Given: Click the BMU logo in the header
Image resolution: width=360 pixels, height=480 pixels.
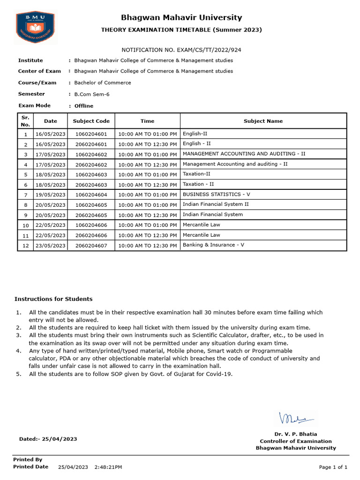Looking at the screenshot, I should (x=37, y=28).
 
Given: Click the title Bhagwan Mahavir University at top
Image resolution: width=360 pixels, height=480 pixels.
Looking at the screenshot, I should (x=181, y=18).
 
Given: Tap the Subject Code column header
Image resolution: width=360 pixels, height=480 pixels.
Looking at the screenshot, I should (x=91, y=121).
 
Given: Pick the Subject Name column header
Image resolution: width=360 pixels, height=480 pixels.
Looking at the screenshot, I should (x=263, y=121).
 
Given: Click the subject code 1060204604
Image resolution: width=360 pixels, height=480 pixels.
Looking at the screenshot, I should (x=91, y=195).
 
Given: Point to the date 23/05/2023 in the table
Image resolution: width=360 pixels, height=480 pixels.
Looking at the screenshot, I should (x=51, y=245).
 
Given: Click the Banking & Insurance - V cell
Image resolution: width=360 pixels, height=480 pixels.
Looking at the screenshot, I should (x=213, y=245).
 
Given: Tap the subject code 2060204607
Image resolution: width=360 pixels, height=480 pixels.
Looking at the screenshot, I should (x=91, y=245).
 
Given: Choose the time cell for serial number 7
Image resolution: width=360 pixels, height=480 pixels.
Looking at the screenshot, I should (x=148, y=195).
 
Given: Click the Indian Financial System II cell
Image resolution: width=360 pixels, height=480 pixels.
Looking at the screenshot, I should (x=216, y=204).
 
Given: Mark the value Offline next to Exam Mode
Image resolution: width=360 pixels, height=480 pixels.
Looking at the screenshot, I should (x=84, y=106).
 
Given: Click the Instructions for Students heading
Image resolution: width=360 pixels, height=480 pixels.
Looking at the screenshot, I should (x=53, y=299).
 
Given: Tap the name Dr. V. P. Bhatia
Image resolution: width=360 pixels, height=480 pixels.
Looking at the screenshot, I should (x=295, y=434).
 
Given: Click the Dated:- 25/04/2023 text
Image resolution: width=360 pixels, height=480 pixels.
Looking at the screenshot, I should (x=48, y=439).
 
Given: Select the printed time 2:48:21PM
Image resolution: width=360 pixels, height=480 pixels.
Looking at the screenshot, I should (x=108, y=467).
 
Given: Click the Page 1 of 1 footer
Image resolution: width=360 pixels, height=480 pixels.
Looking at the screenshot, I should (x=333, y=467).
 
